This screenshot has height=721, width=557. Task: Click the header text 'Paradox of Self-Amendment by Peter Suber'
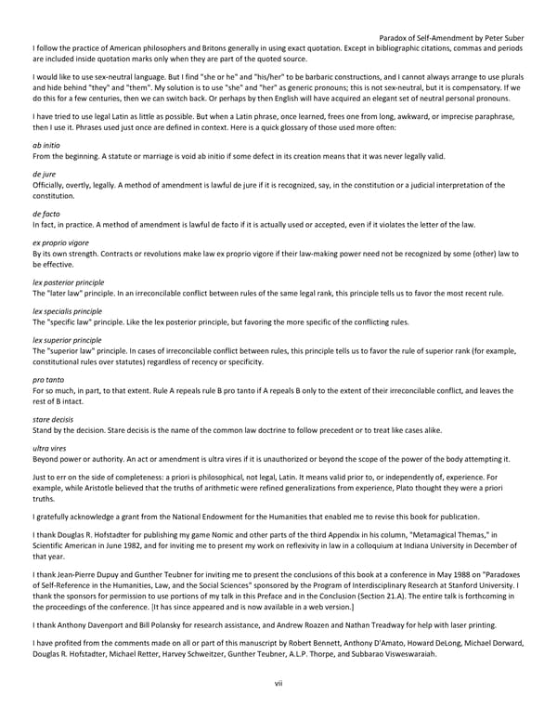click(x=452, y=38)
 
